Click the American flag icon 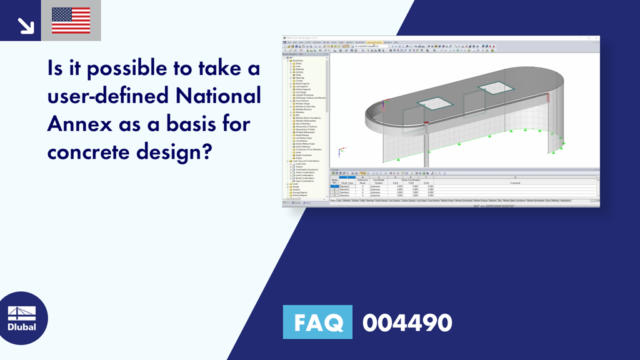point(71,20)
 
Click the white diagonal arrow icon point(25,25)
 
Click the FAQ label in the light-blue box point(317,322)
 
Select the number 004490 point(407,322)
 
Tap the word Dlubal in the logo point(21,326)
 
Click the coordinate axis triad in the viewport point(340,151)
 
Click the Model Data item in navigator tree point(299,60)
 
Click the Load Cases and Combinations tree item point(307,161)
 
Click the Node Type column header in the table point(346,182)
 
